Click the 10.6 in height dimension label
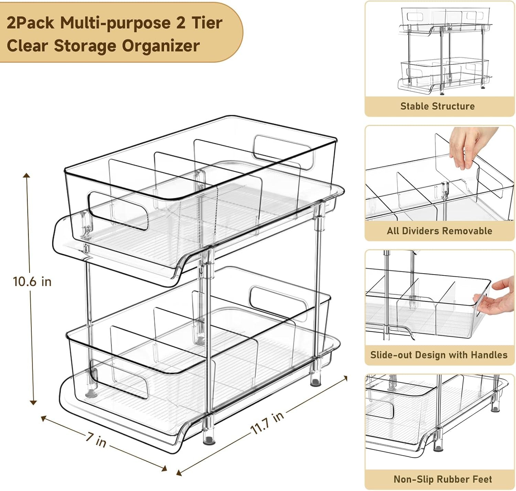[x=32, y=281]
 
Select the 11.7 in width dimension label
[x=267, y=423]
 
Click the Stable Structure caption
[x=437, y=106]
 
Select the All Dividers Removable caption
[x=439, y=231]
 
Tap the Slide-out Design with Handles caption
[x=439, y=355]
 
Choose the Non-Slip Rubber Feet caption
[x=442, y=479]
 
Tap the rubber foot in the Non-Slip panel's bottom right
[x=495, y=409]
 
